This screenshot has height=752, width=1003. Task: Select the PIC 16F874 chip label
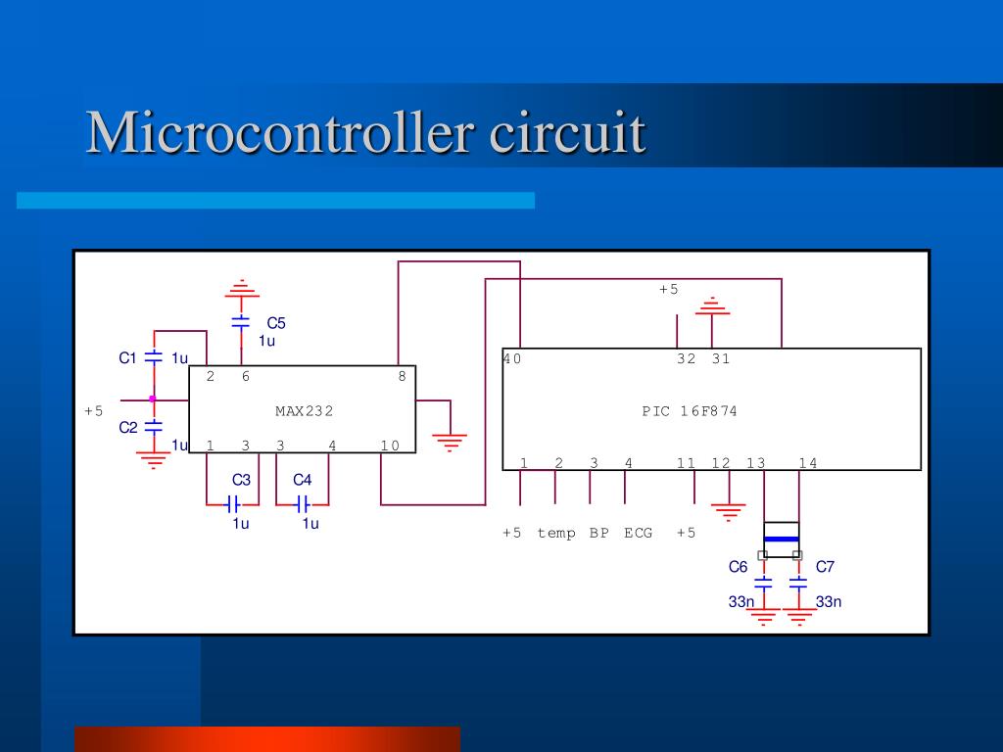(x=690, y=411)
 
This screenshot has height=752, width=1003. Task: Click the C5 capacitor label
(x=276, y=323)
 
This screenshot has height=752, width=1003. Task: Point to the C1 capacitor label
(x=128, y=358)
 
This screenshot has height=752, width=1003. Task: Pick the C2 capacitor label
(x=128, y=427)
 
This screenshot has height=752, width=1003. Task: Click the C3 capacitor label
(x=241, y=480)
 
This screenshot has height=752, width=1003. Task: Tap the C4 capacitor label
(x=302, y=480)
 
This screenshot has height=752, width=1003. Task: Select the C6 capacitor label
(x=738, y=567)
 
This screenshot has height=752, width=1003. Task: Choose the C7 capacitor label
(x=825, y=567)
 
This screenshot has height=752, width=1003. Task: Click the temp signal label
(x=556, y=533)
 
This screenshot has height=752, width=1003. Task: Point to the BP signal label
(x=598, y=533)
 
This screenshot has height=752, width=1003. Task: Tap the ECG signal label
(x=638, y=533)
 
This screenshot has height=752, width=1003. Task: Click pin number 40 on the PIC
(x=512, y=359)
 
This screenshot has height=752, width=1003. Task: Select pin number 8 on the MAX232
(x=402, y=377)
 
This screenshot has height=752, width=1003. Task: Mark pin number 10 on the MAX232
(x=390, y=446)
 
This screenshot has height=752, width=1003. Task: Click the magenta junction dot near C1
(x=152, y=399)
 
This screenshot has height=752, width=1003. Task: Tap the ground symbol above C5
(x=241, y=289)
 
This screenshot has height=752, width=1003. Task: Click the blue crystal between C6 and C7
(x=781, y=539)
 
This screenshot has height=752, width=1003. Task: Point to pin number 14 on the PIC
(x=807, y=463)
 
